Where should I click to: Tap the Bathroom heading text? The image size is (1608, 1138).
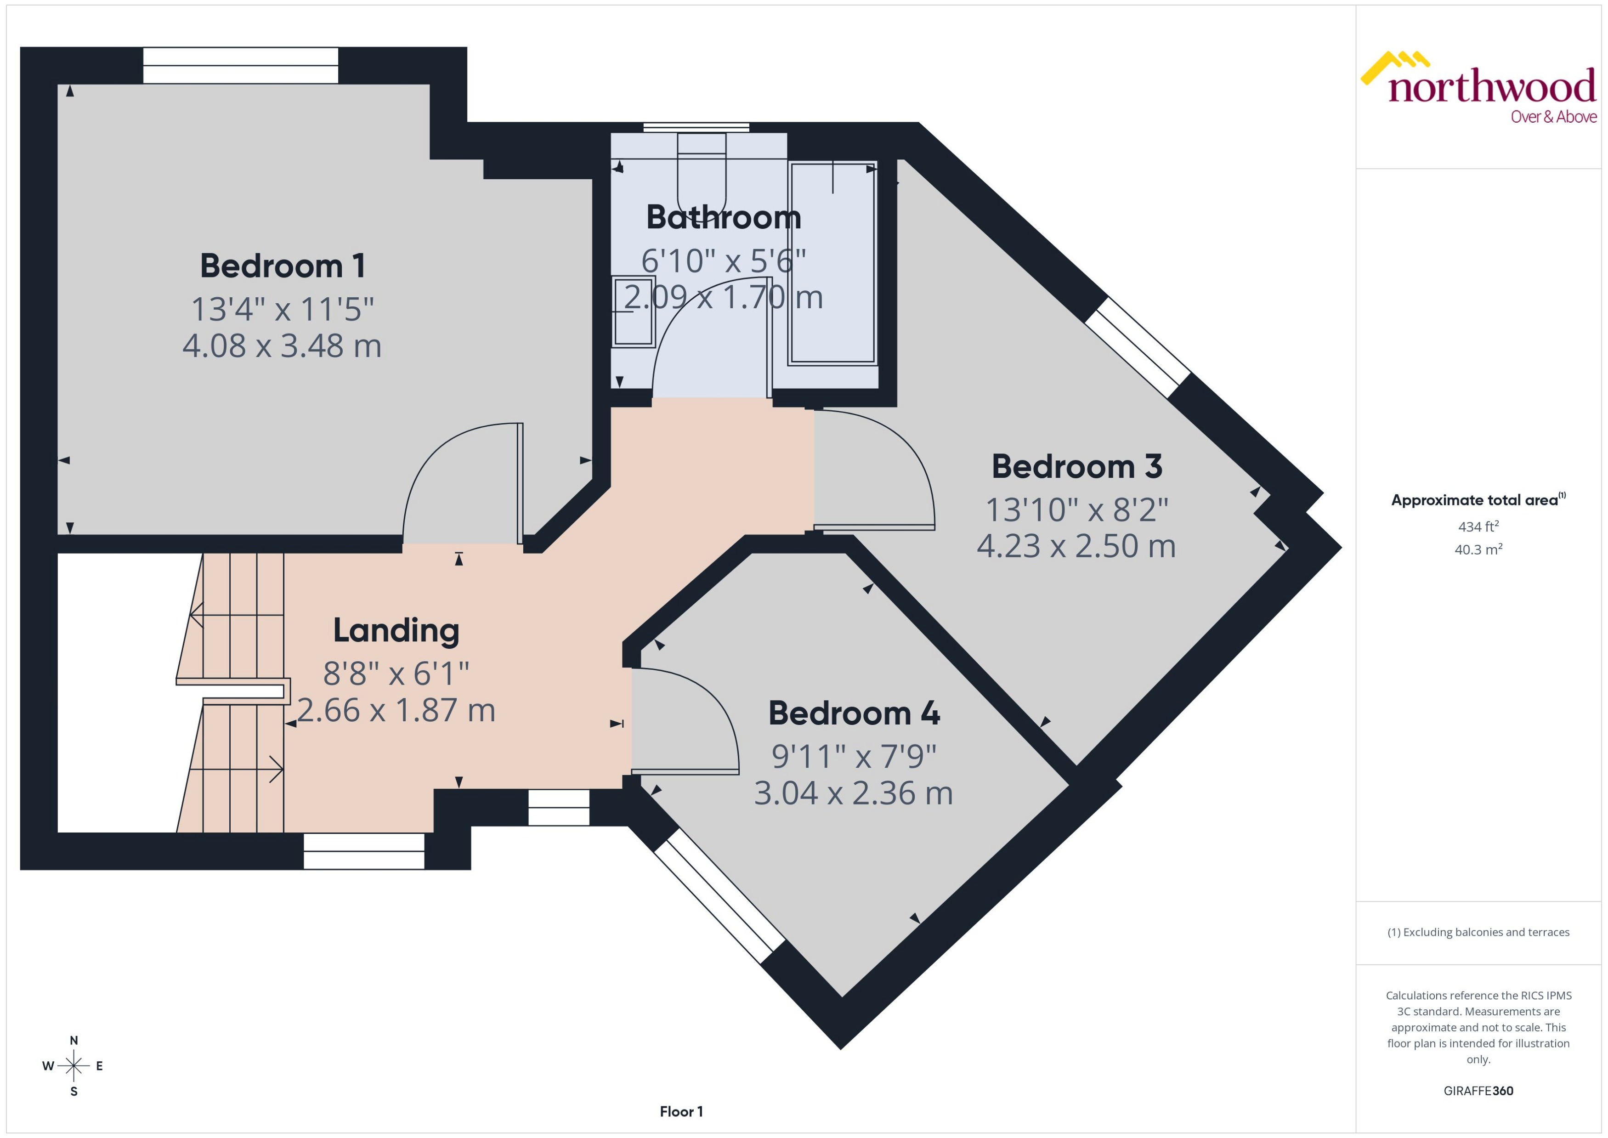point(723,217)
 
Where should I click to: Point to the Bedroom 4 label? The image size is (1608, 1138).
point(854,713)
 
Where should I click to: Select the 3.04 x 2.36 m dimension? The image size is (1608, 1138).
point(854,793)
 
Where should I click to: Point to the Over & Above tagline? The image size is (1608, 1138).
point(1553,117)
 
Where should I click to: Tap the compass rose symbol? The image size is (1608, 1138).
point(74,1066)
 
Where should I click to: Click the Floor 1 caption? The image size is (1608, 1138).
point(681,1111)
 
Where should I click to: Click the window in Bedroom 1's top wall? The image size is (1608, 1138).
point(240,65)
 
